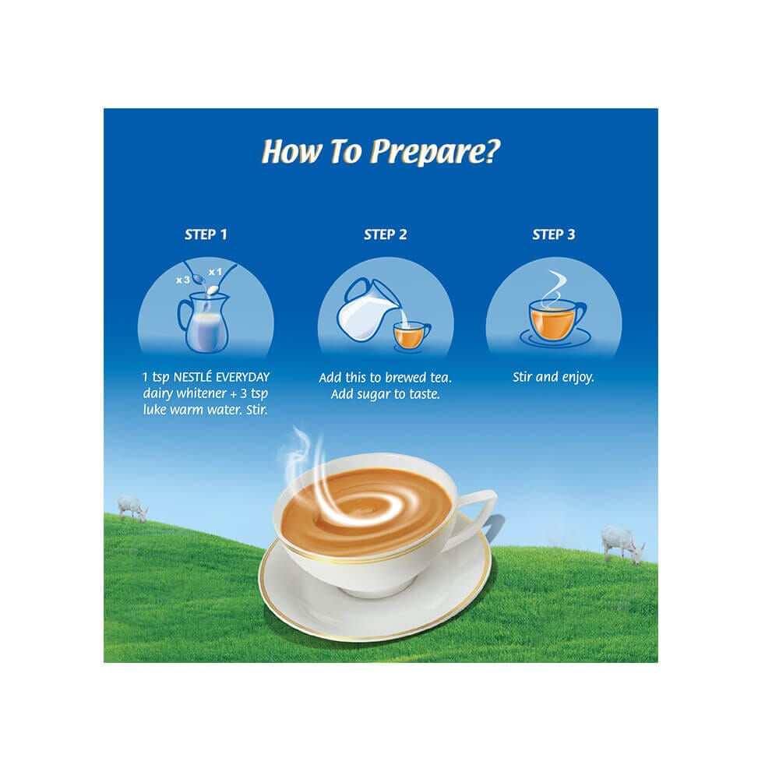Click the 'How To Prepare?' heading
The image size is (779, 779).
tap(381, 151)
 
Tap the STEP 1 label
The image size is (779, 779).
tap(206, 234)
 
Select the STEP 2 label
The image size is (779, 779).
tap(385, 234)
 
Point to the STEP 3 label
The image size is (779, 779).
tap(553, 234)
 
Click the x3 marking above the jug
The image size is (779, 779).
tap(183, 280)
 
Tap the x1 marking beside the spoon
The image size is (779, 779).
tap(215, 272)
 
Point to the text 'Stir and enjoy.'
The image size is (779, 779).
tap(553, 377)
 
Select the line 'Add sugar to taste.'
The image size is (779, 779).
tap(386, 394)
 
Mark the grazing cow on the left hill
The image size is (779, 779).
tap(132, 508)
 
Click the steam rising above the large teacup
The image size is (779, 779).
tap(303, 455)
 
